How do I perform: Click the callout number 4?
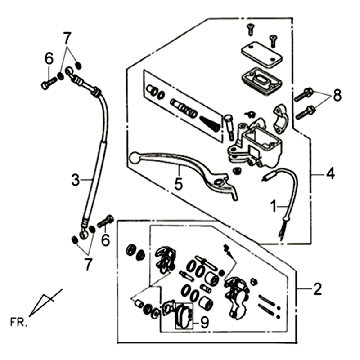pyautogui.click(x=330, y=174)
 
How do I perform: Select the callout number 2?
pyautogui.click(x=317, y=289)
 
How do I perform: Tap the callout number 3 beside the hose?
pyautogui.click(x=76, y=180)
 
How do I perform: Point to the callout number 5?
pyautogui.click(x=179, y=184)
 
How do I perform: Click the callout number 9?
pyautogui.click(x=204, y=322)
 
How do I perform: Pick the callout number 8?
pyautogui.click(x=337, y=96)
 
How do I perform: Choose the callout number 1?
pyautogui.click(x=273, y=207)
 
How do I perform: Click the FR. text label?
pyautogui.click(x=19, y=322)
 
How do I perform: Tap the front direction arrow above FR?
pyautogui.click(x=45, y=302)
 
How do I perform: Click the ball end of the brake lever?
pyautogui.click(x=134, y=157)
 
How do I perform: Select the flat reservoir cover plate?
pyautogui.click(x=261, y=54)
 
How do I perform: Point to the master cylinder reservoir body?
pyautogui.click(x=258, y=144)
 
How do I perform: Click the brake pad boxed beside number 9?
pyautogui.click(x=184, y=316)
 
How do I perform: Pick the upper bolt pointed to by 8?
pyautogui.click(x=304, y=95)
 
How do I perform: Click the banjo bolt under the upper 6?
pyautogui.click(x=49, y=83)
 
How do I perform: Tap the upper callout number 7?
pyautogui.click(x=67, y=39)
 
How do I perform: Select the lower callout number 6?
pyautogui.click(x=105, y=240)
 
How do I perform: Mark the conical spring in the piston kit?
pyautogui.click(x=210, y=123)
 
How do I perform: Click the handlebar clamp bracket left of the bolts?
pyautogui.click(x=279, y=119)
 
